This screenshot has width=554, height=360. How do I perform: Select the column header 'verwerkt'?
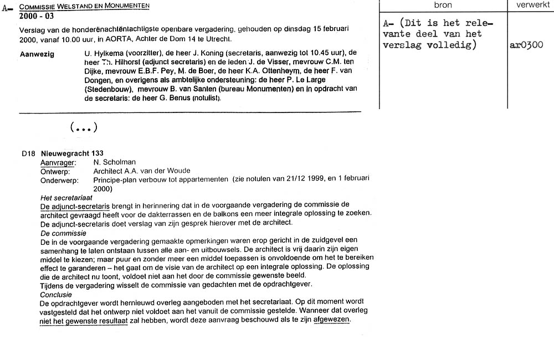point(530,5)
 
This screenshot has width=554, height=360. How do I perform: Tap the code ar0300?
point(526,45)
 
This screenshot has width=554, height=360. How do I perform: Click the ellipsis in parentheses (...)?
point(84,127)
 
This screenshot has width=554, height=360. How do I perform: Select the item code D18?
point(29,153)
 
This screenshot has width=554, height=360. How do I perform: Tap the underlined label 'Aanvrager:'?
point(58,162)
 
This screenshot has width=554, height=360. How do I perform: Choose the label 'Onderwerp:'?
point(59,180)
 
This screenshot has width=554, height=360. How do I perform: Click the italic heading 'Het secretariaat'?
point(66,198)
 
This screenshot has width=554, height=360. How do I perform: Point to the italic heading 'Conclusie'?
point(56,295)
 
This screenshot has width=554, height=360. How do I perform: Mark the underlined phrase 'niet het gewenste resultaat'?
point(84,321)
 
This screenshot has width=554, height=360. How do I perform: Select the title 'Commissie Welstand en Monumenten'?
point(84,6)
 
